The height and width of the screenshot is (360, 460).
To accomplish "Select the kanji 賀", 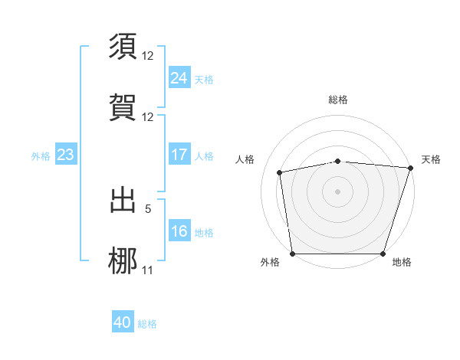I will (123, 107).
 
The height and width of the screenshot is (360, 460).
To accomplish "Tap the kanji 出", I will (123, 200).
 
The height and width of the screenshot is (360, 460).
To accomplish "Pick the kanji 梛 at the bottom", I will (123, 260).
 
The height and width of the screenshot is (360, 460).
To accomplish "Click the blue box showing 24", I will (179, 77).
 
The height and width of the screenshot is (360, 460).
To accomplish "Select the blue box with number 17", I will (179, 155).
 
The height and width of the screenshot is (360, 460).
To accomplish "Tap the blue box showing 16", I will (179, 231).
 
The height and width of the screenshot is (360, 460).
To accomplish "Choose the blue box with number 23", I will (65, 155).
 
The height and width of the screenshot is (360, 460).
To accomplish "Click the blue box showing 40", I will (122, 322).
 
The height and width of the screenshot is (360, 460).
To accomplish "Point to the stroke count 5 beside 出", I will (148, 208).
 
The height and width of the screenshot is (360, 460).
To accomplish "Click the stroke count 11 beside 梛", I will (148, 270).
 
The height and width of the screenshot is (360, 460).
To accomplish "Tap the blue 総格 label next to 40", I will (147, 324).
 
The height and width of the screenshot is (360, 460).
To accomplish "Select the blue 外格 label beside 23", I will (41, 156).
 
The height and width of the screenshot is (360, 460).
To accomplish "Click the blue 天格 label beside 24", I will (204, 79).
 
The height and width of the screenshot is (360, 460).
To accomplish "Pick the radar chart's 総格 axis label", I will (338, 100).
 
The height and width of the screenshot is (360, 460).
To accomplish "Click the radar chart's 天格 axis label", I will (431, 159).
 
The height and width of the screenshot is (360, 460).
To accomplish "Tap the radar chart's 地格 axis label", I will (402, 262).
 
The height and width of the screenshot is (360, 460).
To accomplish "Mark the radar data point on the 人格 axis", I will (280, 172).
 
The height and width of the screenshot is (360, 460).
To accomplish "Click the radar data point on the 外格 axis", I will (292, 254).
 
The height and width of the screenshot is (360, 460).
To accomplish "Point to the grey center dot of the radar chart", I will (338, 191).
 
